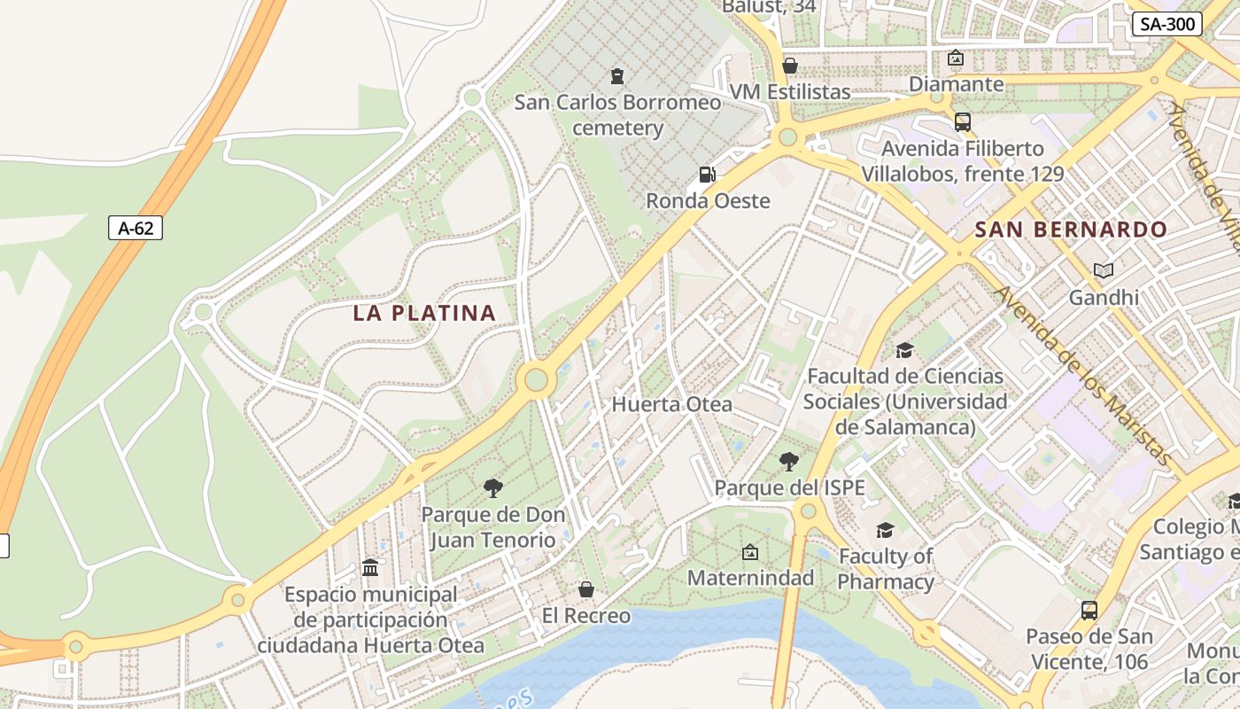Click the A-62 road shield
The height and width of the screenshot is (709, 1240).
pos(136,228)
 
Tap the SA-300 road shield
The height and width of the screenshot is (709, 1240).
pos(1166,24)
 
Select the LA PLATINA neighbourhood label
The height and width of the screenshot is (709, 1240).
pos(424,313)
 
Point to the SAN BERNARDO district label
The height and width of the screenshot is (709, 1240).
pos(1071,230)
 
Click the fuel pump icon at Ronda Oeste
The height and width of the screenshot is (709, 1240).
pos(707,175)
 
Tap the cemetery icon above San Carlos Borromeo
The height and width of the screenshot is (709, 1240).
pos(617,76)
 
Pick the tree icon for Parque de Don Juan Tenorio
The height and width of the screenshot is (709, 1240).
pos(493,487)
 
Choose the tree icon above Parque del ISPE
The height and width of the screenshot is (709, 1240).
pos(788,462)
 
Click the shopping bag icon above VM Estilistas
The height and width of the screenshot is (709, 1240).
pos(790,66)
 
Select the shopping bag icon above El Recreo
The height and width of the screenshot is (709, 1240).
pos(585,589)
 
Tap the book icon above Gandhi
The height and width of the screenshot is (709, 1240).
pos(1103,270)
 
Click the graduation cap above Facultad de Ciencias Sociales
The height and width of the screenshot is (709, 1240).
pos(904,350)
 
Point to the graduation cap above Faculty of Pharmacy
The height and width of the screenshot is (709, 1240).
pos(885,530)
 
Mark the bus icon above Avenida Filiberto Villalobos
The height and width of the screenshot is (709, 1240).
pos(962,121)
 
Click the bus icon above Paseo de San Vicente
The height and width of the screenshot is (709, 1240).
pos(1089,610)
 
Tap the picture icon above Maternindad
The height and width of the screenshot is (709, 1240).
pos(750,552)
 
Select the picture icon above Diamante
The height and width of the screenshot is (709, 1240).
pos(956,58)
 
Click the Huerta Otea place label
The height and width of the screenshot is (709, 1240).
pos(672,405)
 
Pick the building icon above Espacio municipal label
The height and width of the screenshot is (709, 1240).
pos(370,567)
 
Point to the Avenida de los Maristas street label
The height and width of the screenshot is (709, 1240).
pos(1082,376)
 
